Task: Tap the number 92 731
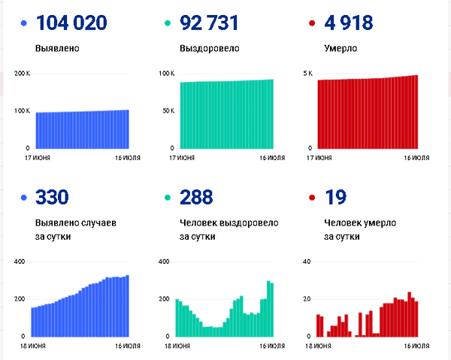[210, 23]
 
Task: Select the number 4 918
[350, 23]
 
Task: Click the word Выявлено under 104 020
[57, 49]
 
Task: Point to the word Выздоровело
[210, 49]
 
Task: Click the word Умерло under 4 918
[341, 49]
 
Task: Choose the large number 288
[196, 198]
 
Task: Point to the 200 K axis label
[23, 74]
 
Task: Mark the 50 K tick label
[168, 111]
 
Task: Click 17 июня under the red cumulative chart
[320, 158]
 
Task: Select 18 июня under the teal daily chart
[177, 346]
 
